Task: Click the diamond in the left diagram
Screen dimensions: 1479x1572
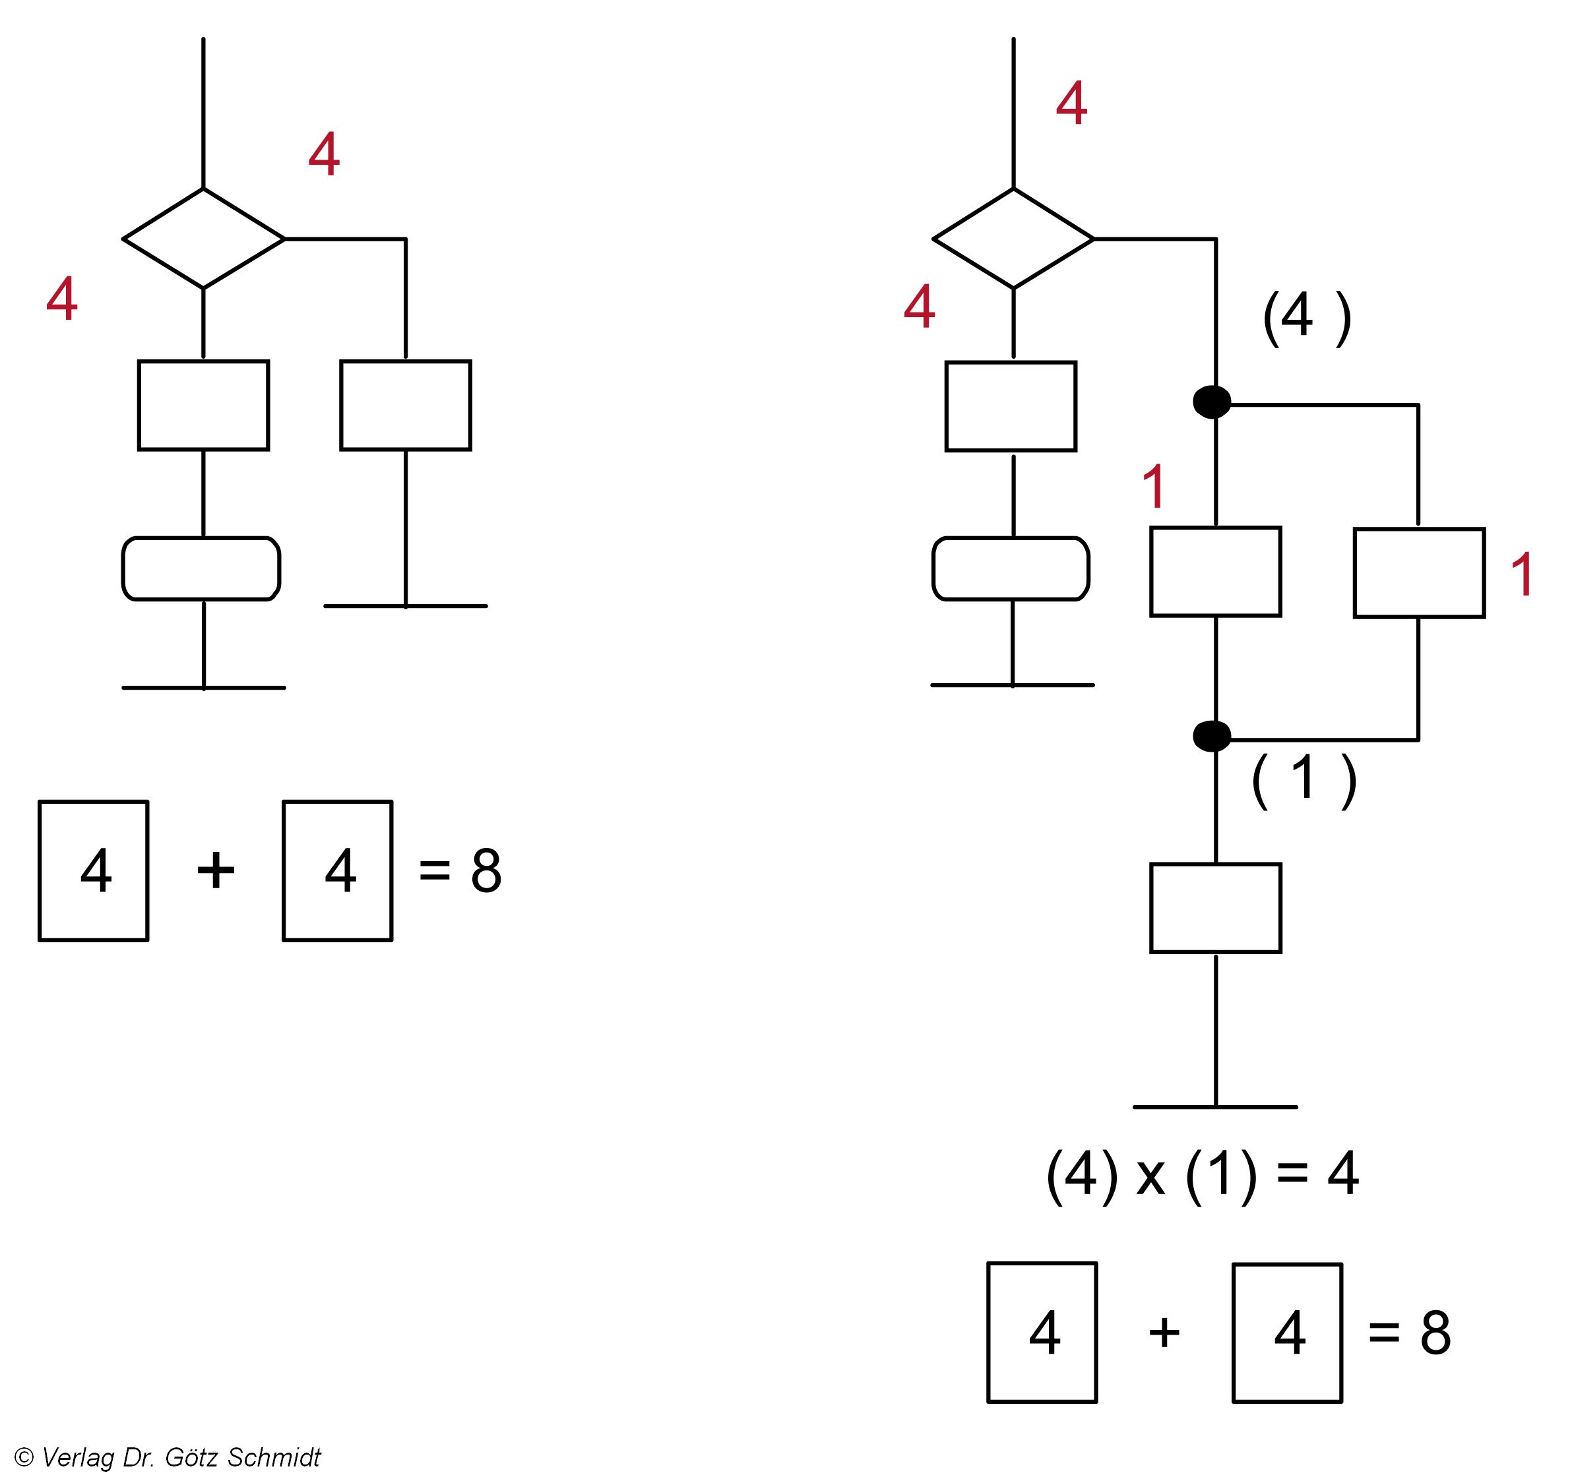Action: click(x=203, y=238)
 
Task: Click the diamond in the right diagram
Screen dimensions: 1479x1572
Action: click(x=1013, y=238)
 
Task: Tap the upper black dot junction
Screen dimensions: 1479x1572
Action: click(x=1211, y=402)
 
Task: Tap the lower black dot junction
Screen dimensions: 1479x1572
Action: click(x=1211, y=737)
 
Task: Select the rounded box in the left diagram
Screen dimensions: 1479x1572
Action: click(x=201, y=569)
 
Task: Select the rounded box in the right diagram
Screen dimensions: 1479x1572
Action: click(x=1011, y=569)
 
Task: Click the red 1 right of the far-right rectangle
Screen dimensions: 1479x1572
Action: click(x=1522, y=575)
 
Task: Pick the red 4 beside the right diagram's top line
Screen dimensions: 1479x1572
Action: click(x=1071, y=103)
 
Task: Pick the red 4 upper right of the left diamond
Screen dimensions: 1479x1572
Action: click(x=324, y=154)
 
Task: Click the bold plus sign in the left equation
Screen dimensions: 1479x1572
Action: click(x=216, y=871)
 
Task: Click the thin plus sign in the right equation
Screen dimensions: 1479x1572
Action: click(x=1164, y=1333)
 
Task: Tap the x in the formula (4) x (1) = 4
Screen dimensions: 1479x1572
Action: click(x=1150, y=1176)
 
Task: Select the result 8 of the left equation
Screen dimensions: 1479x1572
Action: click(x=486, y=871)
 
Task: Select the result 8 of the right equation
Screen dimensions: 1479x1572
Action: click(x=1435, y=1333)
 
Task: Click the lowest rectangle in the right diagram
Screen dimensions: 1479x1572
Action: click(x=1215, y=908)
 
